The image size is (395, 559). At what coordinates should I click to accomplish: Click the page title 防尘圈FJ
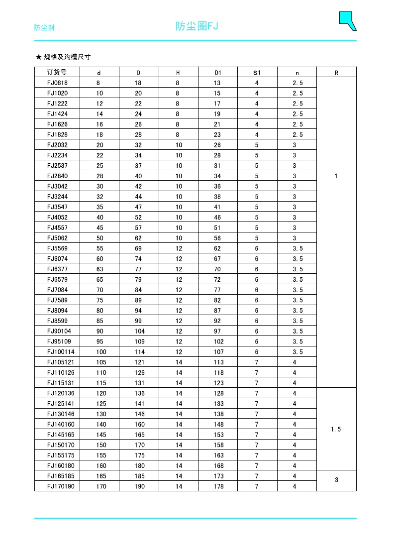[197, 26]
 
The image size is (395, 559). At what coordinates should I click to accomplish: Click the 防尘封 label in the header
[44, 27]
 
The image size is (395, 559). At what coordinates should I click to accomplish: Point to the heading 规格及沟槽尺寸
[63, 57]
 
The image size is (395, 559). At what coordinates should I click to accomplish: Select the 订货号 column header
[57, 72]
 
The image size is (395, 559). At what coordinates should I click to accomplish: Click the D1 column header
[217, 73]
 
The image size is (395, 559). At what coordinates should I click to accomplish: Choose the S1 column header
[257, 73]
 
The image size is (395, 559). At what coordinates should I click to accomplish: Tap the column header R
[336, 73]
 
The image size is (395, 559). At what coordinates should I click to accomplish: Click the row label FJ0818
[57, 83]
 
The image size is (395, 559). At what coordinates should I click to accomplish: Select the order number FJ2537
[57, 166]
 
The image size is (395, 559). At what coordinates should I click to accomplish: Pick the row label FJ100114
[61, 352]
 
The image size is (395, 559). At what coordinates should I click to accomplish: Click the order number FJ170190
[61, 486]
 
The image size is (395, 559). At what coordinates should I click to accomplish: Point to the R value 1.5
[336, 429]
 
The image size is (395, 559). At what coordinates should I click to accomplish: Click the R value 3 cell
[336, 480]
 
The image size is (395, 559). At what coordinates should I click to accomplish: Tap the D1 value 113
[218, 362]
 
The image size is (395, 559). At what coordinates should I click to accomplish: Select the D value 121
[140, 362]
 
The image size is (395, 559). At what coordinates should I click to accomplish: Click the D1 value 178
[218, 486]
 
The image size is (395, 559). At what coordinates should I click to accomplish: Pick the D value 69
[138, 248]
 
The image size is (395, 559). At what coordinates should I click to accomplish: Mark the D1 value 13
[217, 83]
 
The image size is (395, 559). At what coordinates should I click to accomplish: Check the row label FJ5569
[57, 248]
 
